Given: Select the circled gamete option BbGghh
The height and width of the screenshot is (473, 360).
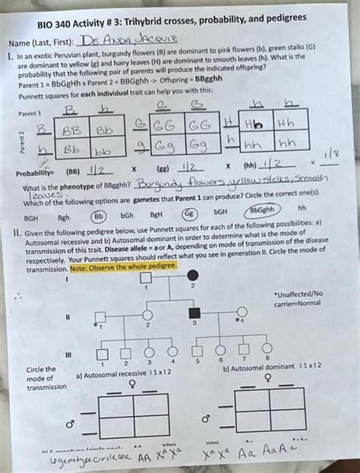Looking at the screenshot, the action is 262,210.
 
